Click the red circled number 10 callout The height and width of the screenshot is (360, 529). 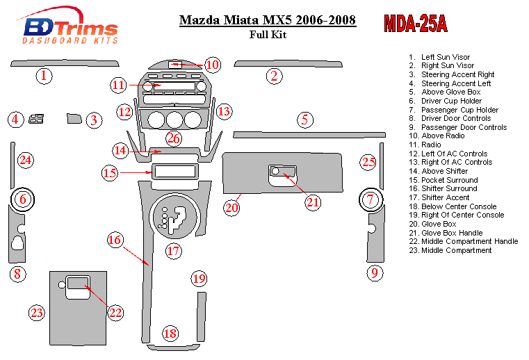(212, 65)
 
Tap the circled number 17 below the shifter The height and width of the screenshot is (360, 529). (173, 251)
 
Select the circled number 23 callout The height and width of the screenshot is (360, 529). (37, 313)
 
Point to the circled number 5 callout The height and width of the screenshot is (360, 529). (304, 120)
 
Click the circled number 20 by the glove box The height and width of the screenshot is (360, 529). (231, 207)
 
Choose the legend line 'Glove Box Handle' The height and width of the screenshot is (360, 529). (452, 233)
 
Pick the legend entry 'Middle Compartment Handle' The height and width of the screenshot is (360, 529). (469, 242)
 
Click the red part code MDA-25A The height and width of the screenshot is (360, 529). (415, 24)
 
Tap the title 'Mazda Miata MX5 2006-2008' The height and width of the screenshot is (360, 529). (268, 20)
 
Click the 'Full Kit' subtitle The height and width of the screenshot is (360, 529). (267, 35)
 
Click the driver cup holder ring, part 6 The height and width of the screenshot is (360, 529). (22, 200)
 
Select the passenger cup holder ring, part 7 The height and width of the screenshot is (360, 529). (371, 200)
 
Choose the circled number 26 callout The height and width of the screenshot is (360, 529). (173, 139)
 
